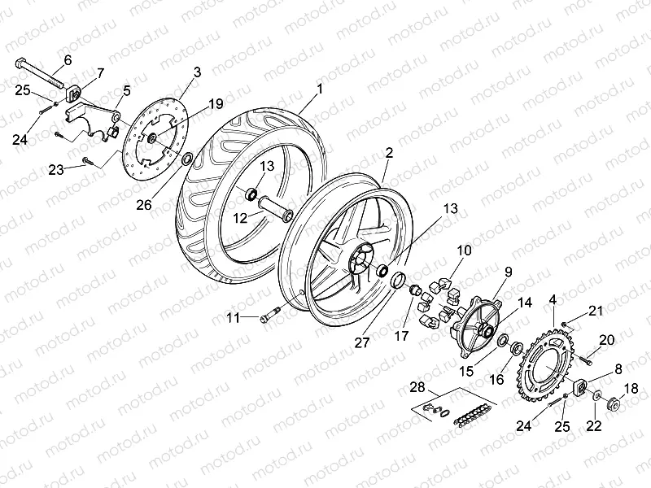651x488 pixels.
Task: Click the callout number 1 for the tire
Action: (321, 88)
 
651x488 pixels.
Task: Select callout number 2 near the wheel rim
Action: (390, 153)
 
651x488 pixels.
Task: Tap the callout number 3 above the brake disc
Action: (197, 72)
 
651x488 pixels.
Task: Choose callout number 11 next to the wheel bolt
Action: (234, 318)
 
